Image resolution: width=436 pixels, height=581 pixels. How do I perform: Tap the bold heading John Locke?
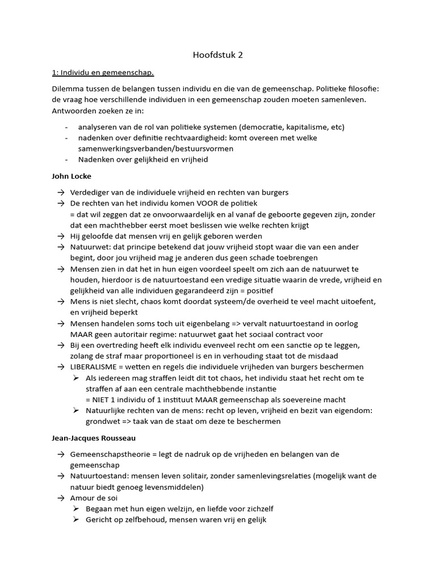tap(72, 176)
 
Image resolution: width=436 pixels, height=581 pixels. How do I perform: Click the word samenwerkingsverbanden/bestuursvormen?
tap(148, 148)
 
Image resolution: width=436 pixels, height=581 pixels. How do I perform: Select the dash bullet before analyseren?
tap(68, 127)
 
